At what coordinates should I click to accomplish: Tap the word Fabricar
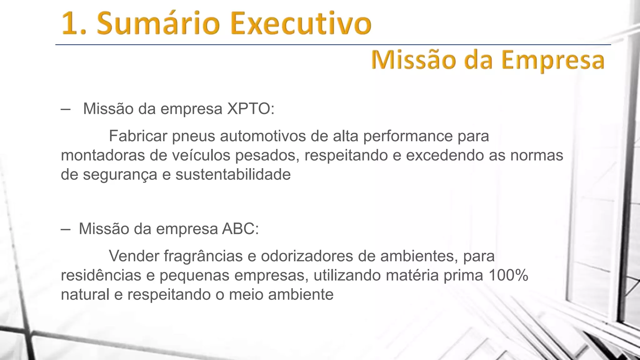point(138,136)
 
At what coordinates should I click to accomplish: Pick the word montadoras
point(103,155)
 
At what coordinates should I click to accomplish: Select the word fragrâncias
point(203,257)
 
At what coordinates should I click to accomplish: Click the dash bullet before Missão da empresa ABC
point(66,229)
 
